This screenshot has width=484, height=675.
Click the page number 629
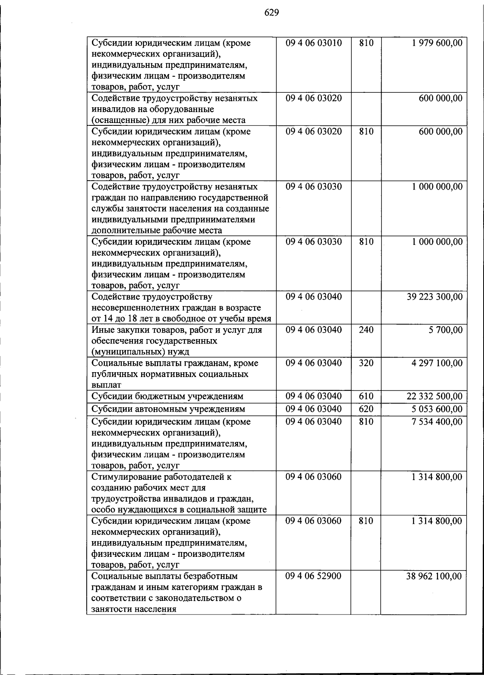tap(271, 12)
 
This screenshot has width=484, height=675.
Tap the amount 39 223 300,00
tap(435, 297)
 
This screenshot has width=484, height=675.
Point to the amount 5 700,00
tap(446, 330)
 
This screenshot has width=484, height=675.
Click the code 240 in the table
tap(366, 330)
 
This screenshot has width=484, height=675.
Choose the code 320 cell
tap(366, 363)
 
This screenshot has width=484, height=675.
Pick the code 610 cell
tap(366, 396)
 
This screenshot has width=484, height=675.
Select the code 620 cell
tap(366, 409)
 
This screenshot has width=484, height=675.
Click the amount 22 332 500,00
tap(435, 396)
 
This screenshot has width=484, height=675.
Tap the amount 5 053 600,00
tap(437, 409)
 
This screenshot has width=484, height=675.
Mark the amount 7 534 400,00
tap(437, 421)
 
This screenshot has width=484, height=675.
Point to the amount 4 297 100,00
tap(437, 363)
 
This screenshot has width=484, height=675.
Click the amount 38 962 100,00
tap(434, 576)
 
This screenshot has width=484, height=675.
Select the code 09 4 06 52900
tap(313, 576)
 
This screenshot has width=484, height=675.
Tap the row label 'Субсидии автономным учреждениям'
tap(168, 409)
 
